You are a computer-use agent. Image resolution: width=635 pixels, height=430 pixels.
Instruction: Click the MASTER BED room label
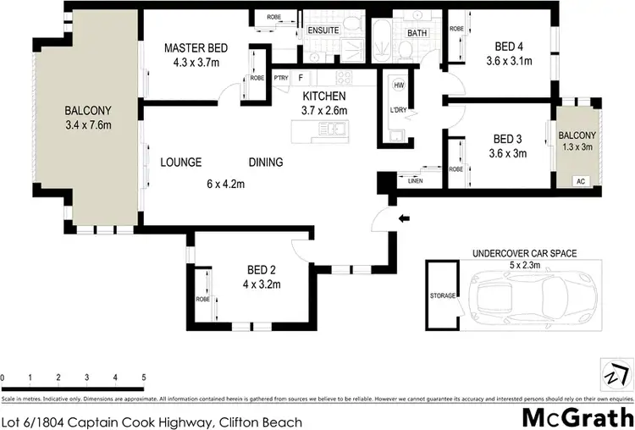196,47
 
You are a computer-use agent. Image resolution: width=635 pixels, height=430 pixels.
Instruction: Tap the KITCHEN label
323,96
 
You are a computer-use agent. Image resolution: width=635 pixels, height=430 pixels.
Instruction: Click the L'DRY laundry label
398,111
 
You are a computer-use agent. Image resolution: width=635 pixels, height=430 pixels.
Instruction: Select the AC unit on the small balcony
580,180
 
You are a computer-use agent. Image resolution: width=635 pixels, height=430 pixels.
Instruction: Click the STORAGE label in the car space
443,295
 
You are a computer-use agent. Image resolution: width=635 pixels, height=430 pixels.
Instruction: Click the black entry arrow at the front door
404,218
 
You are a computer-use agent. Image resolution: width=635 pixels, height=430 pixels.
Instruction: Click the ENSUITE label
323,30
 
